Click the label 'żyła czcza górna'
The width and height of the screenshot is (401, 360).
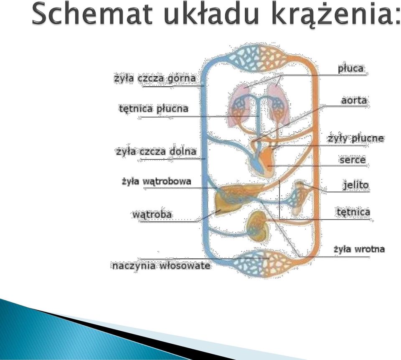coord(155,78)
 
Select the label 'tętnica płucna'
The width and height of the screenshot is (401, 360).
coord(154,109)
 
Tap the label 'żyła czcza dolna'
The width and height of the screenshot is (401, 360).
coord(156,151)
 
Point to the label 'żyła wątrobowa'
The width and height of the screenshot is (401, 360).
coord(156,181)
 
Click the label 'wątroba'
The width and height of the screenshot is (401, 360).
coord(152,214)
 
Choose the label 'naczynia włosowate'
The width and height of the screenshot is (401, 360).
coord(161,266)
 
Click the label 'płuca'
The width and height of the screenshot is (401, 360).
coord(350,69)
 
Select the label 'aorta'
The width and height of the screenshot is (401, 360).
coord(354,100)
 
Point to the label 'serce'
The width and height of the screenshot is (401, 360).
coord(353,160)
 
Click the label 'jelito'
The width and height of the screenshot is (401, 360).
coord(356,185)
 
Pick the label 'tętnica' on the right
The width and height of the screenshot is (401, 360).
coord(353,212)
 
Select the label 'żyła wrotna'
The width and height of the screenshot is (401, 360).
coord(359,249)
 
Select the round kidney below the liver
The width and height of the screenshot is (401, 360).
coord(257,226)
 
